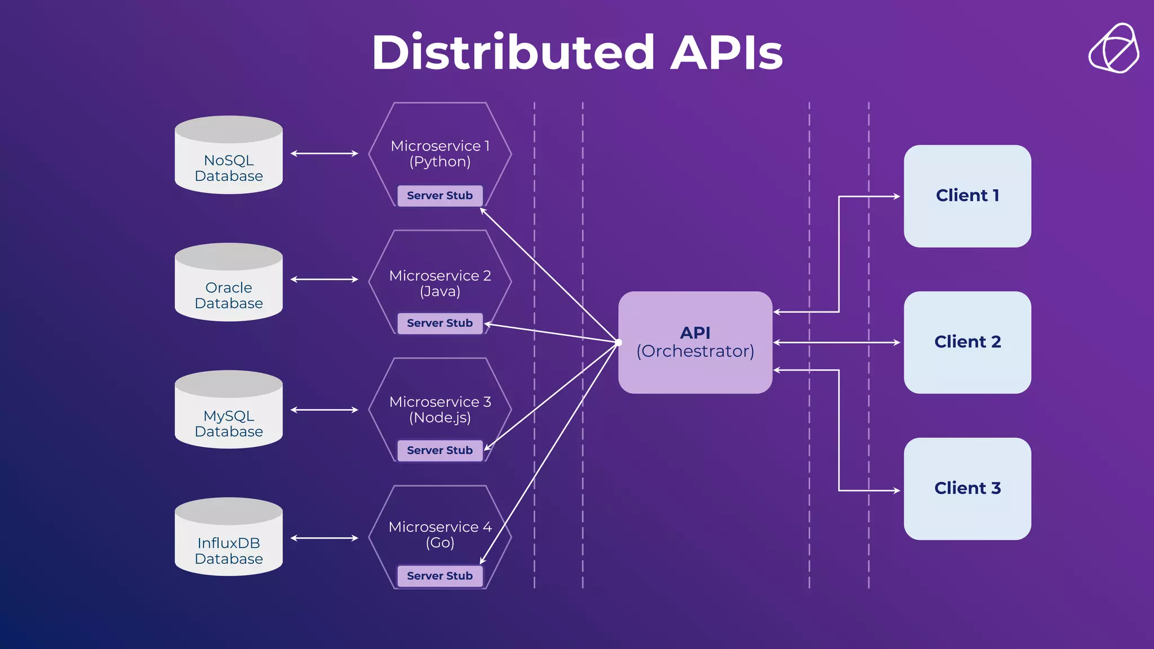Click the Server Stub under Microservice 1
pos(440,195)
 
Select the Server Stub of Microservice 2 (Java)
pos(440,323)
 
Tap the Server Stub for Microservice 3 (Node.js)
pos(440,450)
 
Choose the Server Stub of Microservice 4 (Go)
pos(440,576)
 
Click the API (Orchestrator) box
pos(695,342)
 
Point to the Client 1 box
pos(967,195)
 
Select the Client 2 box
pos(967,342)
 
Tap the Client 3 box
pos(967,488)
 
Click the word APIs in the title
pos(726,52)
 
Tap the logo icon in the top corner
pos(1113,48)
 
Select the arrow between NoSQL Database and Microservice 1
pos(325,153)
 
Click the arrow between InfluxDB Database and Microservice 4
pos(325,538)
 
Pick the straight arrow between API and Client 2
pos(837,343)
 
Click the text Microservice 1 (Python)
pos(440,154)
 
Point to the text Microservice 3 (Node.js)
pos(440,410)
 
